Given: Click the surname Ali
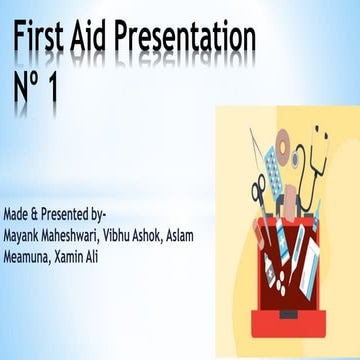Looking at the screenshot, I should (x=108, y=256).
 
